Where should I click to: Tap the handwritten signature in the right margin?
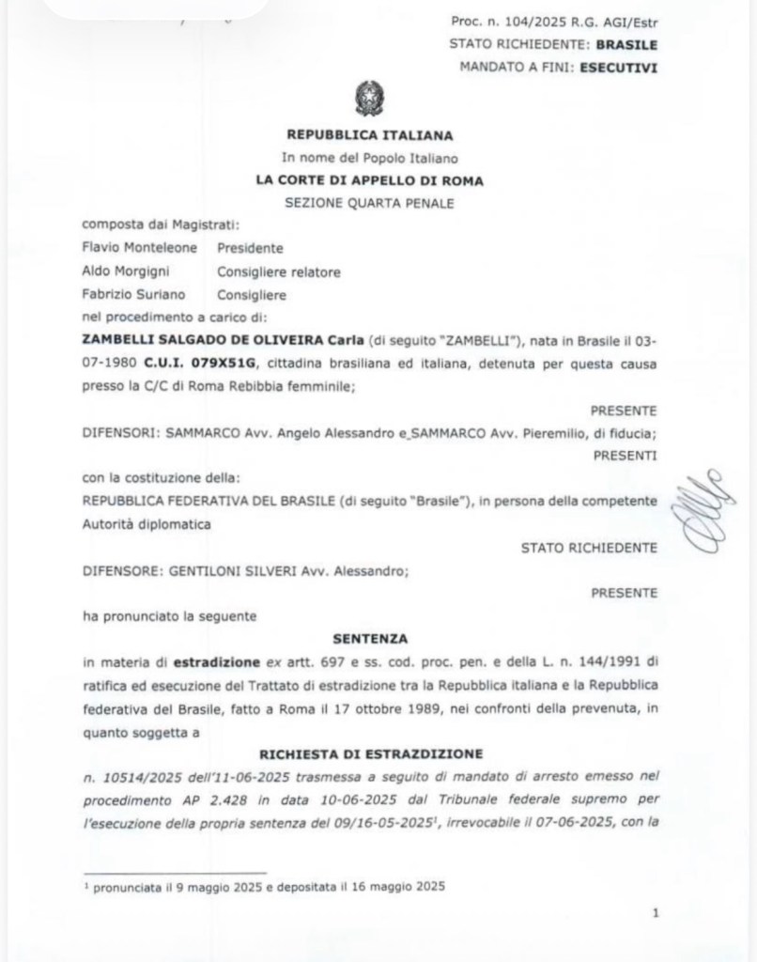696,514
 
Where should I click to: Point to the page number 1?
655,911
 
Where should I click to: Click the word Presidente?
250,248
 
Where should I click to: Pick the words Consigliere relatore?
279,272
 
